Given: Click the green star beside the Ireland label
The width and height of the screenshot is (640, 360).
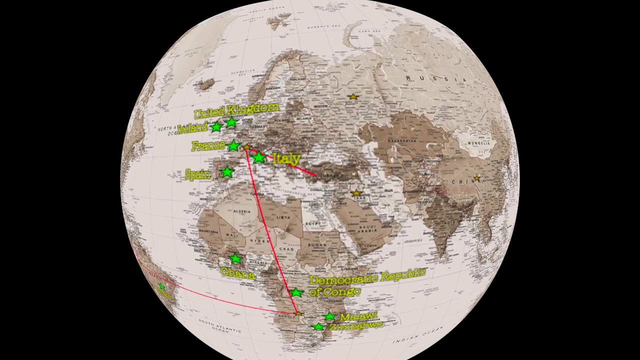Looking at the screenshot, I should [x=216, y=127].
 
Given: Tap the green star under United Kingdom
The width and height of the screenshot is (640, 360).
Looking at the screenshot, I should [x=231, y=122].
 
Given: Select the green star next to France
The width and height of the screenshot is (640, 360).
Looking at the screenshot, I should [x=233, y=146].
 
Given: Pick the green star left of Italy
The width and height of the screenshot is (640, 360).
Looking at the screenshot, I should [x=258, y=158].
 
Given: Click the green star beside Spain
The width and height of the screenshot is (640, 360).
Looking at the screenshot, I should [x=227, y=172].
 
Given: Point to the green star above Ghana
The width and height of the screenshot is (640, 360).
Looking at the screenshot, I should [x=235, y=258].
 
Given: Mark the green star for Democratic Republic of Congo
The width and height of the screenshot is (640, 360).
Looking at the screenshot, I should [x=296, y=292].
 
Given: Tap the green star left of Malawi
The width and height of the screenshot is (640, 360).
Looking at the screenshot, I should [x=329, y=316].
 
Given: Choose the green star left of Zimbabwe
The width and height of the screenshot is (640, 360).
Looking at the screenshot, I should [x=318, y=327].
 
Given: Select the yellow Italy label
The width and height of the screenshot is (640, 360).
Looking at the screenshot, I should [x=286, y=159].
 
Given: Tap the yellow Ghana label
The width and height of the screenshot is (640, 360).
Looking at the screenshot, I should [x=238, y=273].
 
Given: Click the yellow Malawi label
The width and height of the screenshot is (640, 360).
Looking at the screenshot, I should [x=358, y=316].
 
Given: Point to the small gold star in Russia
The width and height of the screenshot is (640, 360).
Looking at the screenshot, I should [x=353, y=96].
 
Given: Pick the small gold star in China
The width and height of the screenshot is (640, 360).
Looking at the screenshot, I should [x=477, y=178].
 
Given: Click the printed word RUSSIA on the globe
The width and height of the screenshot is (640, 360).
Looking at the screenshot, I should [x=436, y=78].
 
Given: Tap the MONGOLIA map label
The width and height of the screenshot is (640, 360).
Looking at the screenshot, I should [x=478, y=143].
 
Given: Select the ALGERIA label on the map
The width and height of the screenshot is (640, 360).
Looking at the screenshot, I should [x=242, y=211].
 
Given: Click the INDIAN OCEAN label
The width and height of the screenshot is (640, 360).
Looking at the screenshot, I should [x=417, y=335].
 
